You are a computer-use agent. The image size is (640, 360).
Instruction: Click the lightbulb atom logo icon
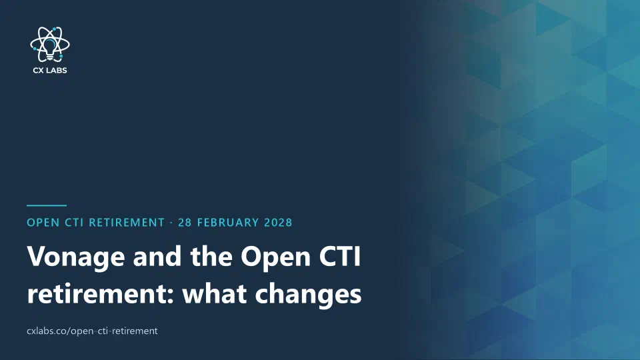pyautogui.click(x=50, y=45)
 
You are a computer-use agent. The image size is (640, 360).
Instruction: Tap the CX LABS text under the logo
pyautogui.click(x=50, y=70)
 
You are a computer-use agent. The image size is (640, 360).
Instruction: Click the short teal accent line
pyautogui.click(x=47, y=205)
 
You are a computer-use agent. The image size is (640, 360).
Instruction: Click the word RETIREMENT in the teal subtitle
pyautogui.click(x=127, y=223)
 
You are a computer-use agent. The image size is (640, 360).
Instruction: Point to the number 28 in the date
pyautogui.click(x=185, y=223)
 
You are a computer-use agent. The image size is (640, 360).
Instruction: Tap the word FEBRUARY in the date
pyautogui.click(x=228, y=223)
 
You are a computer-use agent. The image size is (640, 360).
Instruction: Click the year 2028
pyautogui.click(x=278, y=223)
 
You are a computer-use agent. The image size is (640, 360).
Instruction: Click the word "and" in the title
pyautogui.click(x=157, y=256)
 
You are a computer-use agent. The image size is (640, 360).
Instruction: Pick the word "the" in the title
pyautogui.click(x=211, y=256)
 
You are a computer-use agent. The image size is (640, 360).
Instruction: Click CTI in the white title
pyautogui.click(x=340, y=256)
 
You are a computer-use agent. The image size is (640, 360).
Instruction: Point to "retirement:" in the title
pyautogui.click(x=101, y=293)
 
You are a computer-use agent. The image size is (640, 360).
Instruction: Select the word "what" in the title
pyautogui.click(x=214, y=293)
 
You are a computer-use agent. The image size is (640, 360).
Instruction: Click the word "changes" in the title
pyautogui.click(x=308, y=294)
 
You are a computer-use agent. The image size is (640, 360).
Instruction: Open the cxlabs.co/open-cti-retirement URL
pyautogui.click(x=92, y=331)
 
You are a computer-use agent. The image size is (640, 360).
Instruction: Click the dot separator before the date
pyautogui.click(x=171, y=223)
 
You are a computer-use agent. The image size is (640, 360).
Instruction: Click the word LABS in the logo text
pyautogui.click(x=57, y=70)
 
